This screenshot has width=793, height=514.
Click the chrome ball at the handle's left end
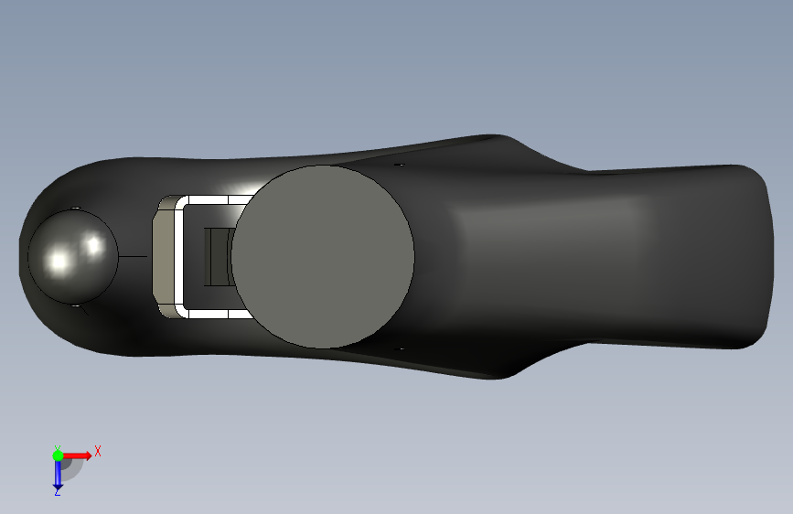[x=73, y=256]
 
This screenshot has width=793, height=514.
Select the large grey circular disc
[x=323, y=256]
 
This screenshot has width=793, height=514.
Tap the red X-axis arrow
[x=76, y=455]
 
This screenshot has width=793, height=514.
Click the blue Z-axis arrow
[x=58, y=474]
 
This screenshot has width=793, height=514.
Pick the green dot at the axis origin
[x=58, y=455]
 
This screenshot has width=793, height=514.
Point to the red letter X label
[x=98, y=451]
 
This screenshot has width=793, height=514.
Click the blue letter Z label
[x=57, y=492]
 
